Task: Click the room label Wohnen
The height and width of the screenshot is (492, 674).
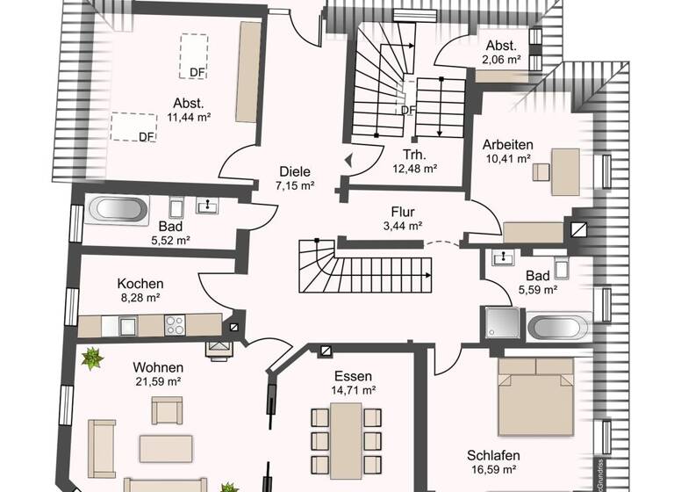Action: [x=159, y=366]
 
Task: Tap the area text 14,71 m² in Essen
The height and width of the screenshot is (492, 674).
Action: [x=355, y=389]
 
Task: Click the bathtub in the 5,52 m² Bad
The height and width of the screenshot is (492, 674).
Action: [x=120, y=209]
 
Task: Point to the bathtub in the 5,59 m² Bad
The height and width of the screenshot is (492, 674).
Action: [x=557, y=327]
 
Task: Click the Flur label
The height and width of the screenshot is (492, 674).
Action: [x=403, y=212]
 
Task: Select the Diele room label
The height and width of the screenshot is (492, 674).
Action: [x=295, y=172]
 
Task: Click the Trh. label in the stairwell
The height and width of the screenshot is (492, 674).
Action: [x=402, y=156]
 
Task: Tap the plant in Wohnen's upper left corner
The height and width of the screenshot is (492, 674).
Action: [x=90, y=358]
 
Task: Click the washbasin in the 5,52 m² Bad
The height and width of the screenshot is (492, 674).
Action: [x=209, y=206]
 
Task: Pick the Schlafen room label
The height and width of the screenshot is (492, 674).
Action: [x=493, y=455]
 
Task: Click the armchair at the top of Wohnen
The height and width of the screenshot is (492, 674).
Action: [x=167, y=409]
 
